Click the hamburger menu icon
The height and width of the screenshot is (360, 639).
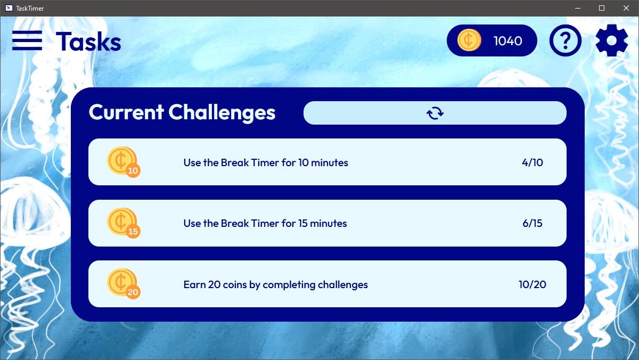tap(27, 40)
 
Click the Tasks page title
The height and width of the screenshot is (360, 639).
tap(88, 42)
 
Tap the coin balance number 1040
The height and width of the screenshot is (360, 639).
tap(508, 41)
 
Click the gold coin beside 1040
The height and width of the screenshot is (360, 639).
tap(469, 40)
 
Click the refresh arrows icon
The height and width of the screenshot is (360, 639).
tap(435, 113)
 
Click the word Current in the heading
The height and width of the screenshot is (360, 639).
tap(126, 112)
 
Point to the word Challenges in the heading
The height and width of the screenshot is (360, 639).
tap(222, 113)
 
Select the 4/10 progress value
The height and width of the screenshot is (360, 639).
tap(532, 162)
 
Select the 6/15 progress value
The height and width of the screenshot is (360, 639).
tap(532, 223)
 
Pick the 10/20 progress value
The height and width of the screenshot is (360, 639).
tap(532, 284)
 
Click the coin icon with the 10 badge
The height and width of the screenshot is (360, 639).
tap(123, 162)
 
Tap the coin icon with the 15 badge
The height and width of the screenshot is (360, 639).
tap(123, 223)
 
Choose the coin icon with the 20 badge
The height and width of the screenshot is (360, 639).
tap(123, 283)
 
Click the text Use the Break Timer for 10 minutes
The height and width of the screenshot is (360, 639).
tap(266, 162)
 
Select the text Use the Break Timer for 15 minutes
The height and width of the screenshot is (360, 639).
tap(265, 223)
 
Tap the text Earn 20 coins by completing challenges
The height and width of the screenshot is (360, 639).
tap(276, 285)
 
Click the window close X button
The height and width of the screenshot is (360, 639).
tap(626, 8)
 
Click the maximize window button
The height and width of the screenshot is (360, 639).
tap(602, 8)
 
